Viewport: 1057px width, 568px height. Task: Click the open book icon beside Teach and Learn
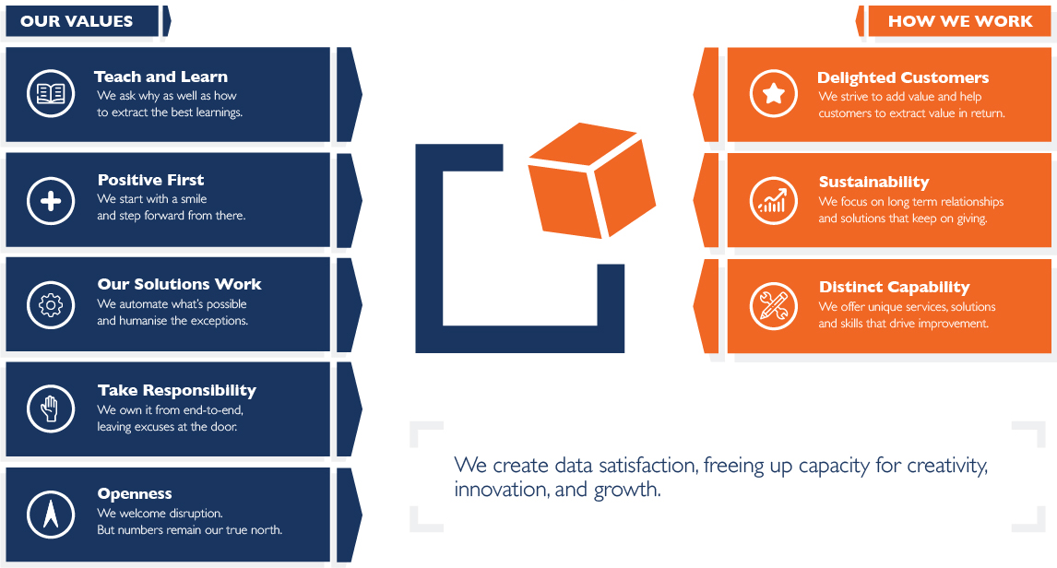51,93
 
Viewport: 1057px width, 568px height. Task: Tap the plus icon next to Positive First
51,201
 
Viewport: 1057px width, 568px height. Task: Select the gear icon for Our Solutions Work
51,305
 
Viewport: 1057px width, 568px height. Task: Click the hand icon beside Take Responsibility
51,409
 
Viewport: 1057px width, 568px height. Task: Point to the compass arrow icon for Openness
51,515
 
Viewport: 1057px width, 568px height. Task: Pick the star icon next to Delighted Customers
773,93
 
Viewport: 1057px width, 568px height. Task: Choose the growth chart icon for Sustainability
773,201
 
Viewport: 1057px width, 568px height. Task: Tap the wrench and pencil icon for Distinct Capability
773,306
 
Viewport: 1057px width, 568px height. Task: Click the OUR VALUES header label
77,21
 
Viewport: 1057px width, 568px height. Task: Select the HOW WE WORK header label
960,21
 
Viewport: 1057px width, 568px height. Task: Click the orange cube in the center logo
591,180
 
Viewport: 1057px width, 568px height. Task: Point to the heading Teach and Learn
160,77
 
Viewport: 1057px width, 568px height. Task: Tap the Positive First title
150,180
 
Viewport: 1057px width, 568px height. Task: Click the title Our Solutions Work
179,284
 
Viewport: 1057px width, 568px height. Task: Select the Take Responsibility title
176,391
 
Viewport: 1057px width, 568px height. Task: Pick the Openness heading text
134,494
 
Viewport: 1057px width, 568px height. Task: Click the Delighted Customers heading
903,77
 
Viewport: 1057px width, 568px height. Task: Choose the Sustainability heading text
873,182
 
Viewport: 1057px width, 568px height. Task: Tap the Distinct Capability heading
894,287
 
